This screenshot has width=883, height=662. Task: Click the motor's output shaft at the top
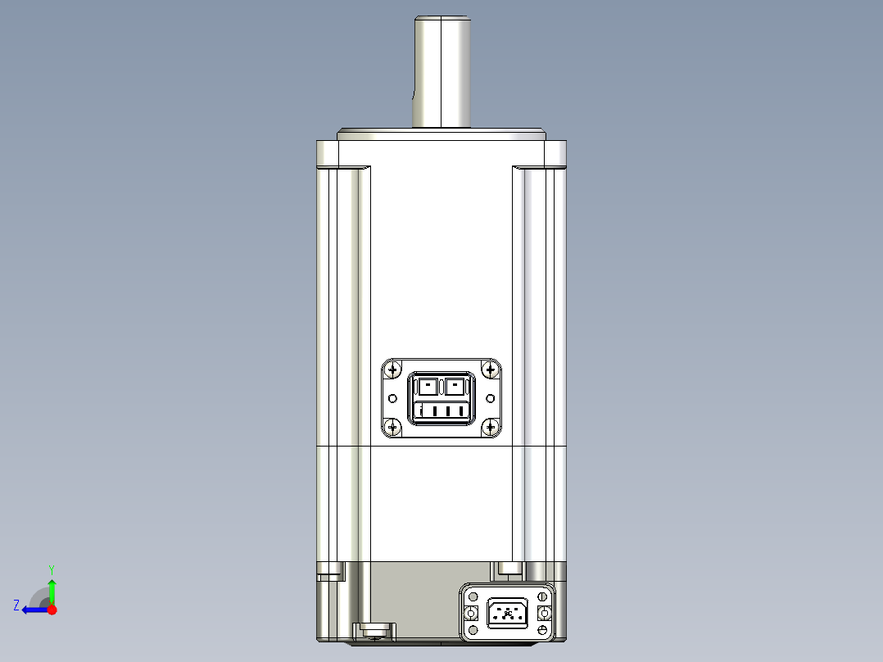tap(442, 72)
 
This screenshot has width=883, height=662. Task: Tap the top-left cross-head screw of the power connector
tap(393, 370)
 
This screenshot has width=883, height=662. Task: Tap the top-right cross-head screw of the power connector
tap(491, 370)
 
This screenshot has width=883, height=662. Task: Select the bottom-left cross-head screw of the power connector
tap(393, 426)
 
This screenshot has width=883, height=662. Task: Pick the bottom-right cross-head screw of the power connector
tap(491, 426)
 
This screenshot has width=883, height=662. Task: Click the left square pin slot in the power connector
tap(428, 386)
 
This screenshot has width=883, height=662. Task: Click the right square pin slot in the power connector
tap(455, 386)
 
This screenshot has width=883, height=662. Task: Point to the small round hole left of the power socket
tap(392, 398)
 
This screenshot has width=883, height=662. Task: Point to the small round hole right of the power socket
tap(491, 398)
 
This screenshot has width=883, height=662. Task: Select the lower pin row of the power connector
tap(441, 410)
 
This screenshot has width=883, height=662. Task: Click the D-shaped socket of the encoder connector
tap(508, 614)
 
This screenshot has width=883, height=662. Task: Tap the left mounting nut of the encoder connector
tap(471, 614)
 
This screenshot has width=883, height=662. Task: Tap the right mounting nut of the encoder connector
tap(544, 614)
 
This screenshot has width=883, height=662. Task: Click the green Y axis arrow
tap(52, 587)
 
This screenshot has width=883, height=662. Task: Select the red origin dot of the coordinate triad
tap(52, 610)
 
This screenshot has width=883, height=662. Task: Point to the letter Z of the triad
tap(16, 605)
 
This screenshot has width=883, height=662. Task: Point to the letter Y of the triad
tap(52, 569)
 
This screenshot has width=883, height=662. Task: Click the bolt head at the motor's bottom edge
tap(374, 629)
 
